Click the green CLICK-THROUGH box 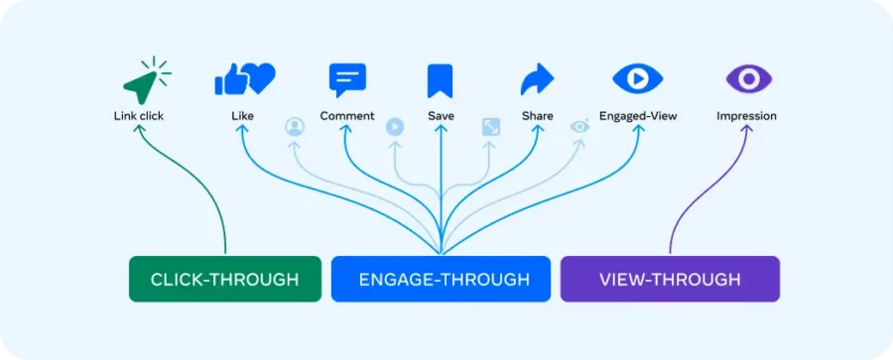[224, 279]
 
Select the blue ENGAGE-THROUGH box [440, 279]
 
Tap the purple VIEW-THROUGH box [670, 279]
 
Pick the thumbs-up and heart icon [244, 78]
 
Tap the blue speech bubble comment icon [347, 79]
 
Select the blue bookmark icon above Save [440, 79]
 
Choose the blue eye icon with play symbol [637, 78]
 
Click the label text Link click [139, 116]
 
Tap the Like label [242, 116]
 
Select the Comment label [347, 116]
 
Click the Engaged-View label [638, 116]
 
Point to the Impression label [746, 116]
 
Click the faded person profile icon [294, 126]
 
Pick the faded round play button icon [394, 126]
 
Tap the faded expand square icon [490, 126]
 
